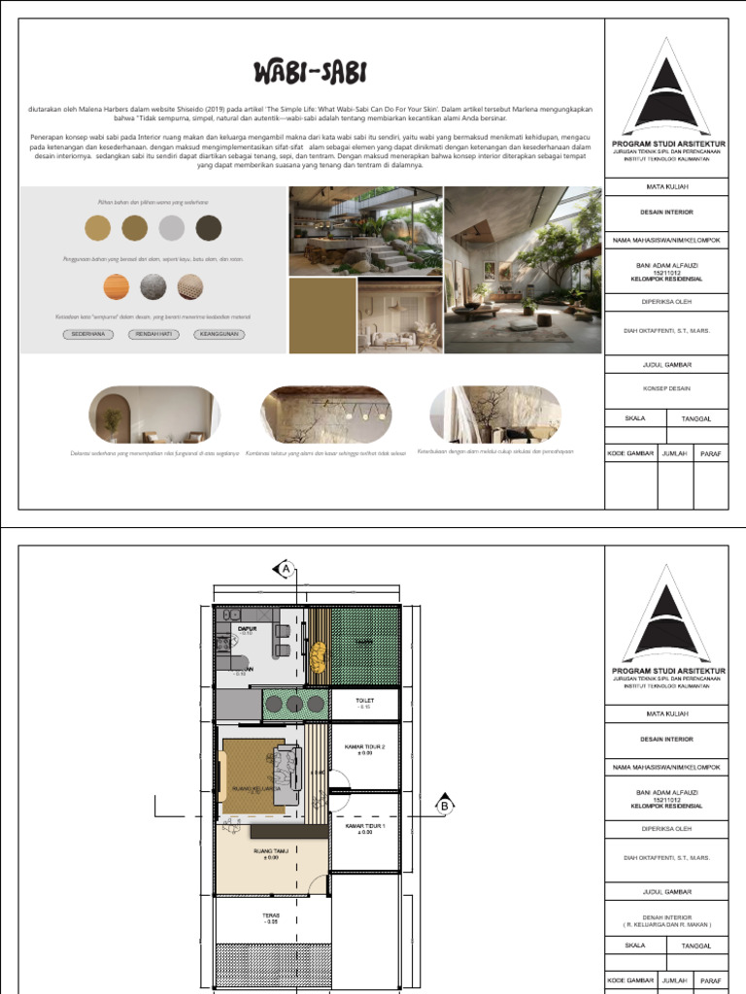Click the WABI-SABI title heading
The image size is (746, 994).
coord(310,72)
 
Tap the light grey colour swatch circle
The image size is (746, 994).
coord(172,228)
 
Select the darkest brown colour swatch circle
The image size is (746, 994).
coord(209,228)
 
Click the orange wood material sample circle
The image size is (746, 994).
coord(117,287)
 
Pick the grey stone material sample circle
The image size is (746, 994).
coord(153,287)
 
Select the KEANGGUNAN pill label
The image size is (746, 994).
coord(220,334)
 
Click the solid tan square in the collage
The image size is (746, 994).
coord(322,315)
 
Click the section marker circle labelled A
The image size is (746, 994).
coord(287,571)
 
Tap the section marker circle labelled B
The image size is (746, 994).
coord(445,805)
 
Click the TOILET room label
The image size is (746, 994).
coord(364,700)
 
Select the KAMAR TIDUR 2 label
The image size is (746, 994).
coord(364,748)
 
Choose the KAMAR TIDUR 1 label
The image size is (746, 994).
coord(364,828)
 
